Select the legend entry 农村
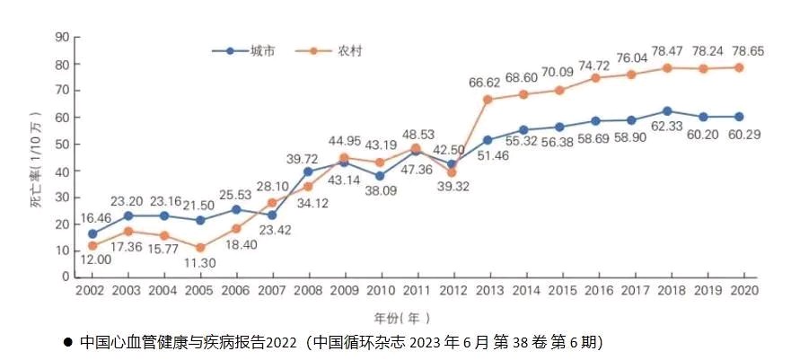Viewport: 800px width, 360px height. pos(351,50)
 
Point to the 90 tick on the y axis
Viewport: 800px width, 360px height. pos(63,37)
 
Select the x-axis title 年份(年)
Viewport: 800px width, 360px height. pos(401,317)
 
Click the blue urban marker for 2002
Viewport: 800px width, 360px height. pos(92,233)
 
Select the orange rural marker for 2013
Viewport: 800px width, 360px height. pos(488,100)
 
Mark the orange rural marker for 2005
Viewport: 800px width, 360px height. pos(200,248)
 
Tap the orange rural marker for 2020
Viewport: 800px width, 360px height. pos(739,67)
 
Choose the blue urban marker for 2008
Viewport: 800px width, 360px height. pos(308,171)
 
